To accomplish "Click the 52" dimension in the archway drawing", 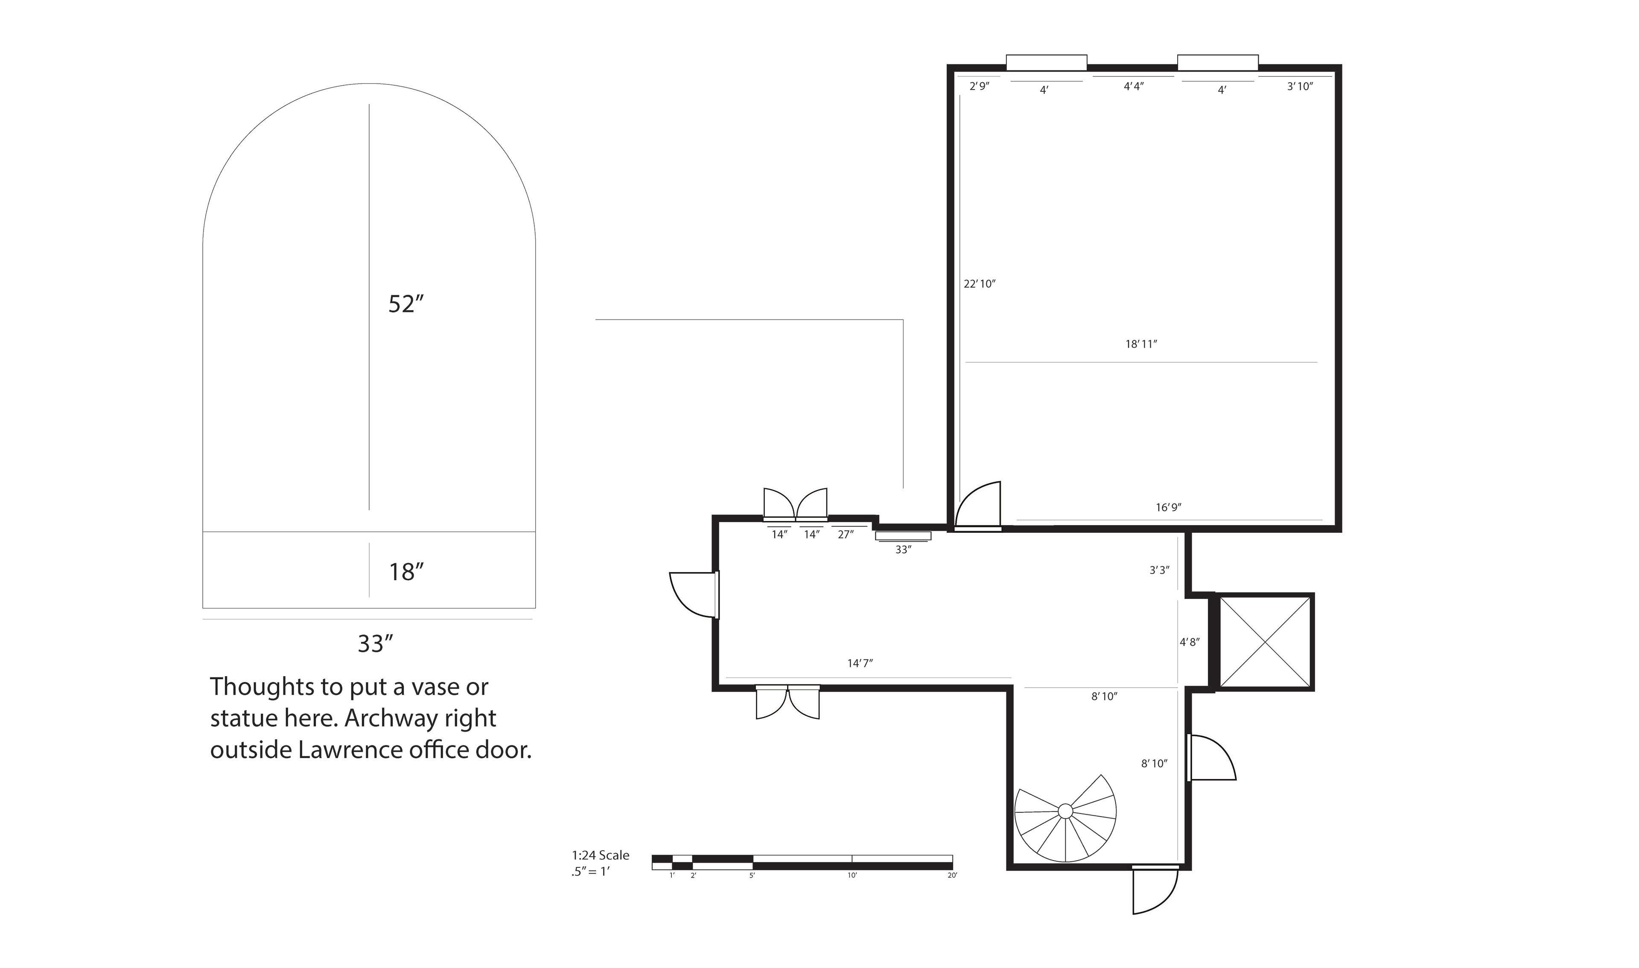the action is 406,304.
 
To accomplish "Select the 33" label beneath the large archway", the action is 375,644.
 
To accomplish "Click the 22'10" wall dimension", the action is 980,284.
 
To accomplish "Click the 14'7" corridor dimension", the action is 860,663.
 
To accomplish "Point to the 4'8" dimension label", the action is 1190,642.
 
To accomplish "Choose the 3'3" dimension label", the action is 1159,570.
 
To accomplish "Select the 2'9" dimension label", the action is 980,86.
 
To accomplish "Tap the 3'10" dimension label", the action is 1300,86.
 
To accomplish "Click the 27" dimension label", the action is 846,534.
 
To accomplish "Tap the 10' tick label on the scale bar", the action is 852,875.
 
